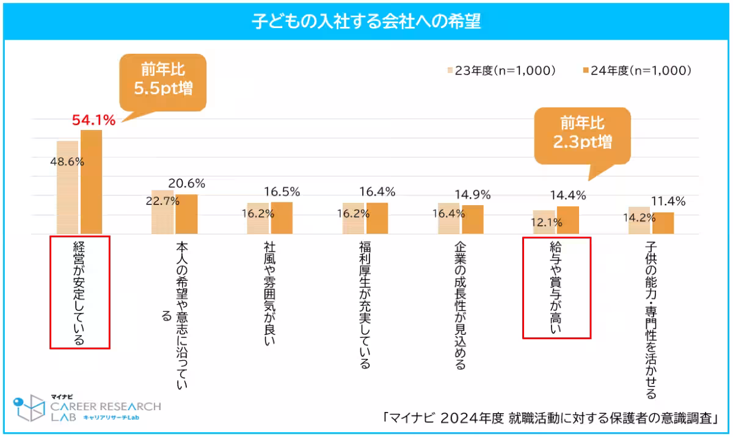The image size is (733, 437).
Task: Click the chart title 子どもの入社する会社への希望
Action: click(366, 21)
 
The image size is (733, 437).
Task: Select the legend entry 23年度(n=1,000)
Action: click(502, 71)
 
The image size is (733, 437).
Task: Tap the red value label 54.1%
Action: click(93, 120)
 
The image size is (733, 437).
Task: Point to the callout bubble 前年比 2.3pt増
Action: click(582, 134)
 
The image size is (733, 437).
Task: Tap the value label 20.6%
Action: click(187, 183)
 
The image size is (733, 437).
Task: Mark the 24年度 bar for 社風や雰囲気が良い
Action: click(282, 218)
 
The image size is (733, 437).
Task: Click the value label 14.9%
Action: click(473, 195)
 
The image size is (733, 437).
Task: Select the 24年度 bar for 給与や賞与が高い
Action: click(568, 220)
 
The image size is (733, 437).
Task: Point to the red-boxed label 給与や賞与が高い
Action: click(556, 287)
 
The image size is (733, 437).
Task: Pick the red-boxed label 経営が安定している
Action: click(79, 292)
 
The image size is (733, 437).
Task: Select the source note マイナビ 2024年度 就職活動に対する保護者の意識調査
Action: click(548, 418)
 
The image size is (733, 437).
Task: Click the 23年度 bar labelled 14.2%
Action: click(639, 221)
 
